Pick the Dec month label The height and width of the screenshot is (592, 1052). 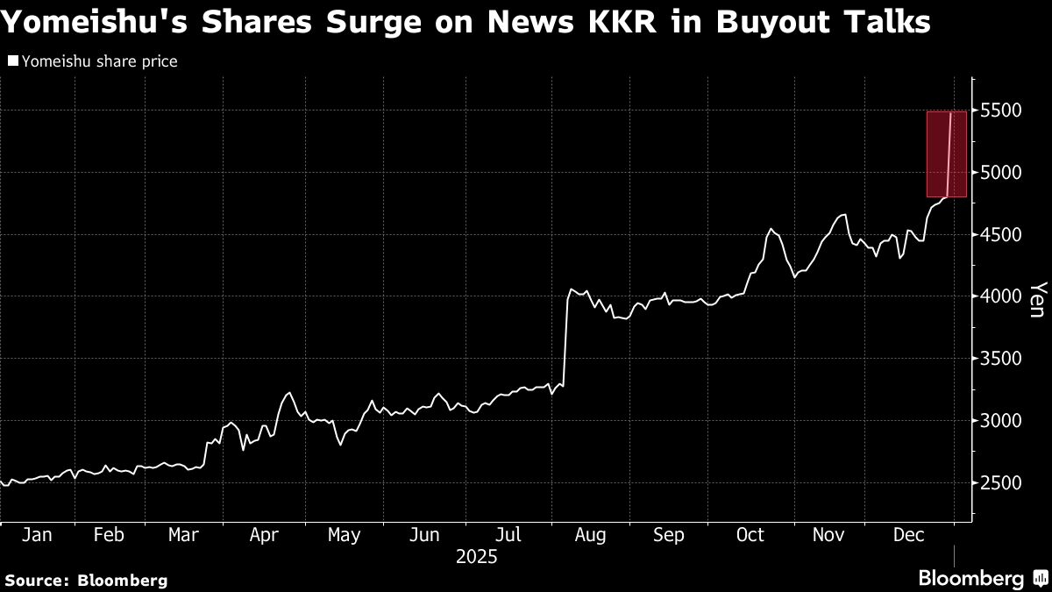tap(909, 535)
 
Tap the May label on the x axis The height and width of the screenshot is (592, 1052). tap(344, 535)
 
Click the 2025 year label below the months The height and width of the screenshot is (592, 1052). tap(477, 556)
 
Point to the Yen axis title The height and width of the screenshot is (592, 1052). tap(1038, 299)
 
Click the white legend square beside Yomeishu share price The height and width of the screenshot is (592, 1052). tap(12, 61)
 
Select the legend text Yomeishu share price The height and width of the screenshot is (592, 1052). tap(99, 61)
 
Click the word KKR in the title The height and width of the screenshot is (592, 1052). tap(599, 22)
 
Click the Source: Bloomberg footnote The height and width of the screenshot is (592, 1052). tap(86, 580)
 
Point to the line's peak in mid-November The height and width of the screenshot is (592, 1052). tap(842, 215)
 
